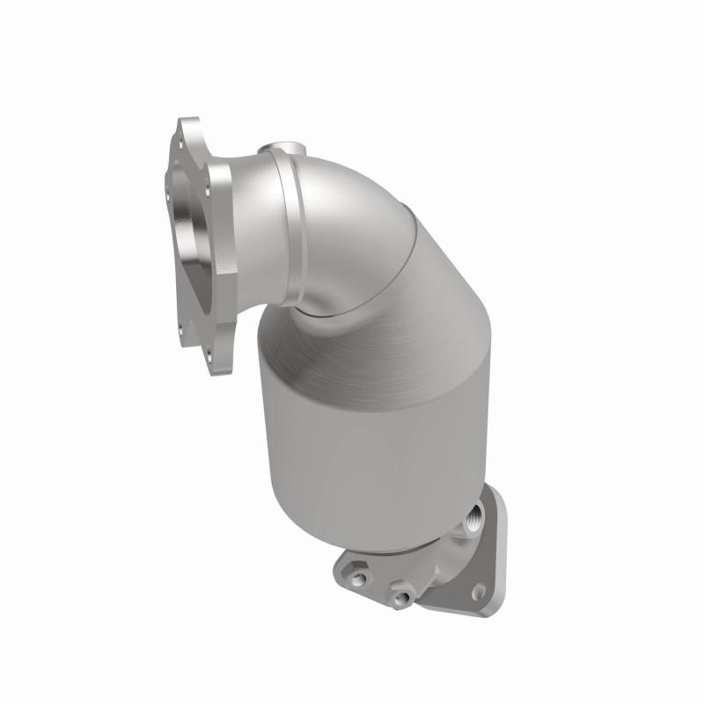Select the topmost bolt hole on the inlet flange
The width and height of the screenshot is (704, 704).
183,136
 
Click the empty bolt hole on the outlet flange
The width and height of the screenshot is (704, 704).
479,591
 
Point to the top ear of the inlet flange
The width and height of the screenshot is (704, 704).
187,132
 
